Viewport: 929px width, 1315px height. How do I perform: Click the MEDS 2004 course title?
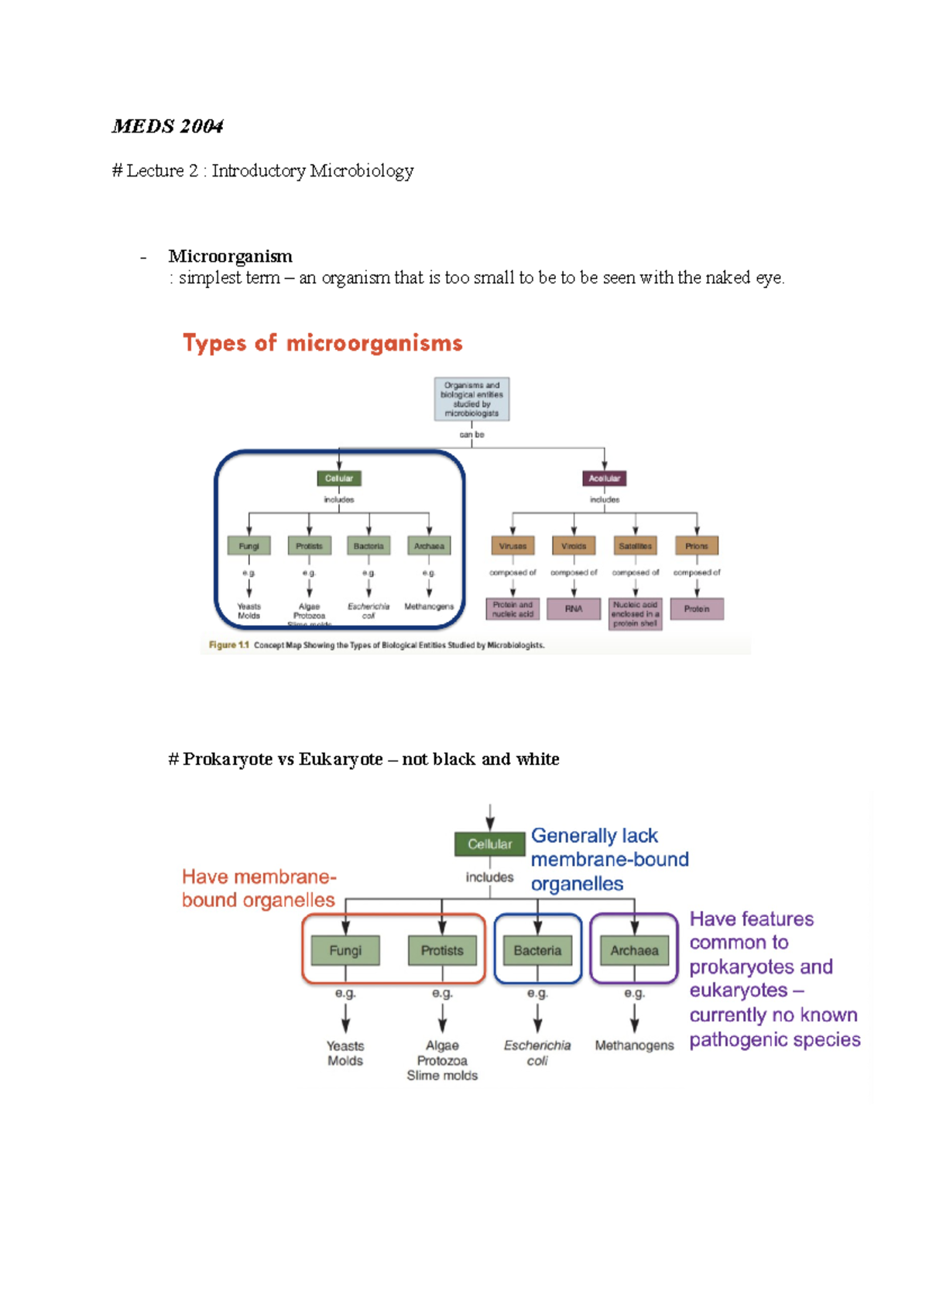pyautogui.click(x=167, y=126)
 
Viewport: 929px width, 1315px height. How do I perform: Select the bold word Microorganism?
pyautogui.click(x=230, y=256)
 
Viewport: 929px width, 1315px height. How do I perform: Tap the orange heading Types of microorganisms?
pyautogui.click(x=322, y=343)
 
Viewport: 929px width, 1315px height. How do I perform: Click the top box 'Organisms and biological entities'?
pyautogui.click(x=471, y=399)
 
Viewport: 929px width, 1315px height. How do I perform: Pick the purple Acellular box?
pyautogui.click(x=604, y=479)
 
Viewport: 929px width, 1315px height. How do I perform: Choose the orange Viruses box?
pyautogui.click(x=512, y=546)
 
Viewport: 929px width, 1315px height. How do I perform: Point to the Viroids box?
pyautogui.click(x=574, y=546)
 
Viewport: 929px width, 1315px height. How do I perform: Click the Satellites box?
pyautogui.click(x=635, y=546)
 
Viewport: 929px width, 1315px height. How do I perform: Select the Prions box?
pyautogui.click(x=696, y=546)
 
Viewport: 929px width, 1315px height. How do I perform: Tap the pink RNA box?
pyautogui.click(x=574, y=609)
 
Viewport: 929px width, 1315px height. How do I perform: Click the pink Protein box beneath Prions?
pyautogui.click(x=697, y=609)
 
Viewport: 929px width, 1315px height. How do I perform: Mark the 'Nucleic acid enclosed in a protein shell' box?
pyautogui.click(x=635, y=613)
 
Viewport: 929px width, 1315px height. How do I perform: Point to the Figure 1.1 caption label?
pyautogui.click(x=228, y=645)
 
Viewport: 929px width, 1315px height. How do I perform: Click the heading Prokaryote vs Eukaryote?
pyautogui.click(x=363, y=759)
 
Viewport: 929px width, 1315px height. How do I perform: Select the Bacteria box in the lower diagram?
pyautogui.click(x=537, y=950)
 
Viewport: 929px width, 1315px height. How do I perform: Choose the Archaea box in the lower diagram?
pyautogui.click(x=634, y=950)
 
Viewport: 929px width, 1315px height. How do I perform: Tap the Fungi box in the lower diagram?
pyautogui.click(x=345, y=950)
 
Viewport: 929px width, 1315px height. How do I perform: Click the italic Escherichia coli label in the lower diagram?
pyautogui.click(x=537, y=1052)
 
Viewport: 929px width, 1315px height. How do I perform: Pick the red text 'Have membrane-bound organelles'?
pyautogui.click(x=259, y=888)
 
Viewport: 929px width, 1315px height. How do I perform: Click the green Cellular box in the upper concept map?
pyautogui.click(x=338, y=479)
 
